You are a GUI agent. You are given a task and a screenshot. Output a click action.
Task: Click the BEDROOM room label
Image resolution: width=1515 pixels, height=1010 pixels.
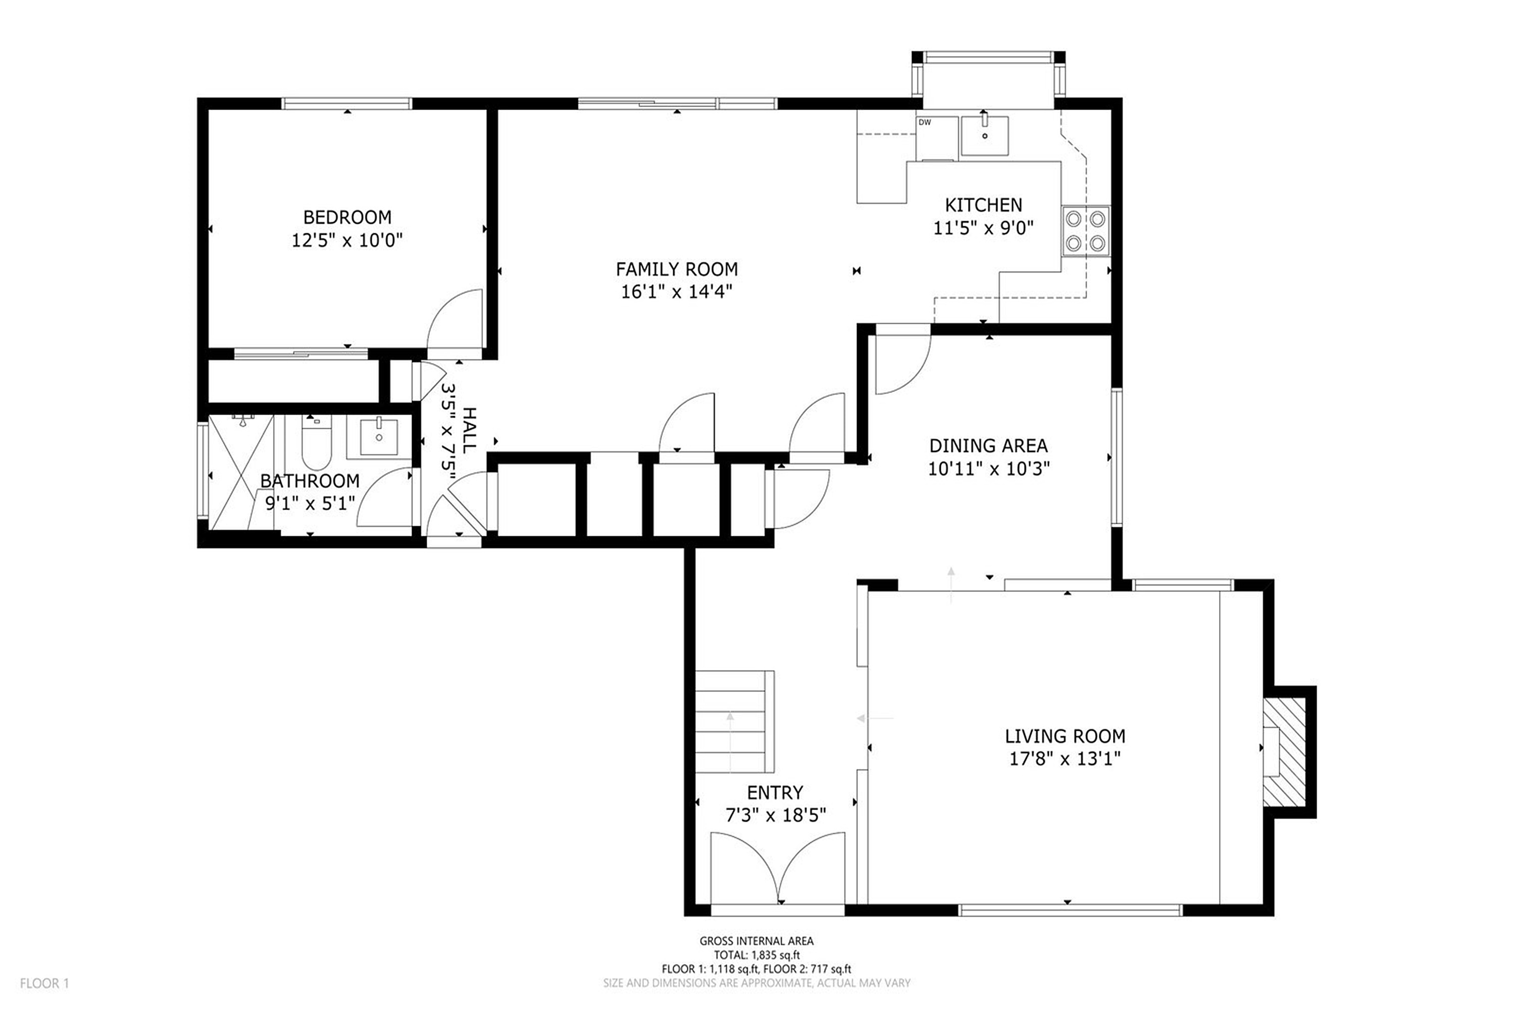pos(347,217)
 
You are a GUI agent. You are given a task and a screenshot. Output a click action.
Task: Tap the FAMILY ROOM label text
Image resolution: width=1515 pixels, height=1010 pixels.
pos(676,269)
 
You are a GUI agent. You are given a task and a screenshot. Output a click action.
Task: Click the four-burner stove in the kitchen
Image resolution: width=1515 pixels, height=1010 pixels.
pos(1085,231)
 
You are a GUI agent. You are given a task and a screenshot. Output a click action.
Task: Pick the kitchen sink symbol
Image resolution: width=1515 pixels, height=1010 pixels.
pos(984,135)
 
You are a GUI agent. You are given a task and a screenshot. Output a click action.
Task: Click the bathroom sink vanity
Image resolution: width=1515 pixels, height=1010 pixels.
pos(379,437)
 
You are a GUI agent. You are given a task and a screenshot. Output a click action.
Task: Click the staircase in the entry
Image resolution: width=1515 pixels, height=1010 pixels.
pos(734,722)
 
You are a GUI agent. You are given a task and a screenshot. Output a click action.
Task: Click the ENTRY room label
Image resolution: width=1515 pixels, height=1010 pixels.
pos(775,792)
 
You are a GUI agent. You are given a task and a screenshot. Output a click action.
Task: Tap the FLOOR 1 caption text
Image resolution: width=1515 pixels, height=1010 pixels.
pos(44,983)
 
